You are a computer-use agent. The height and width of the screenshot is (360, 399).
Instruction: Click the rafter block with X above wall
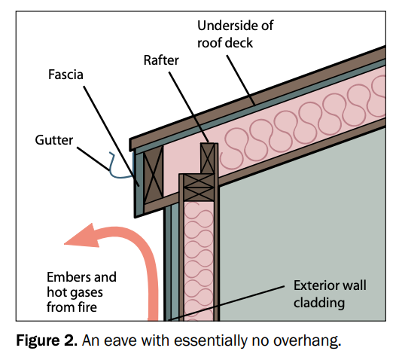(x=208, y=160)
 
